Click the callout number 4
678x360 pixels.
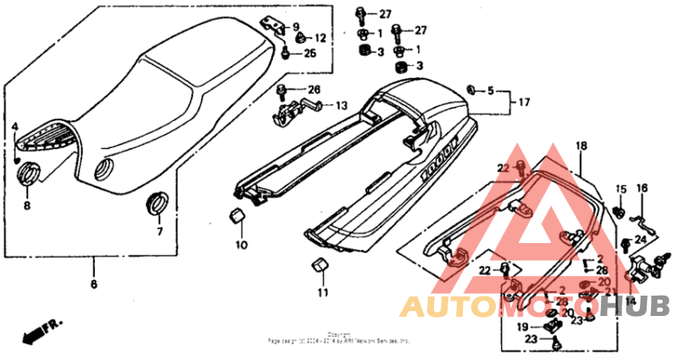(14, 127)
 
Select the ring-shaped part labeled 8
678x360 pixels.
(29, 176)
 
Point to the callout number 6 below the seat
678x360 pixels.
(93, 285)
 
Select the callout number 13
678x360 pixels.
(341, 106)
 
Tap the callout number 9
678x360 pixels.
(297, 26)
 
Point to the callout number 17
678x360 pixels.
(525, 102)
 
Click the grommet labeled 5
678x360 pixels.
(472, 89)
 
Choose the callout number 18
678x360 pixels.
(581, 147)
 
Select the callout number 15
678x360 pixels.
(620, 189)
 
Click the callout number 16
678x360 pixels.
(642, 189)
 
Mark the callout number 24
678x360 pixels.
(640, 241)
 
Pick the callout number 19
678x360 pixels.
(523, 326)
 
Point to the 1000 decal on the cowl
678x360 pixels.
(436, 158)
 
